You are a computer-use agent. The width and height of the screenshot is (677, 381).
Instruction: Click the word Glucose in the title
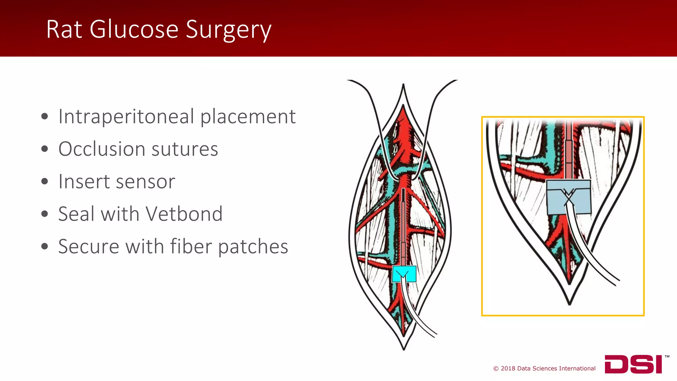(134, 30)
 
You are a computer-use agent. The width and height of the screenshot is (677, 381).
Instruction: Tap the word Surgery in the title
(228, 30)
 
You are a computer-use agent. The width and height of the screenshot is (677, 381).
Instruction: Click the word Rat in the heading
(64, 30)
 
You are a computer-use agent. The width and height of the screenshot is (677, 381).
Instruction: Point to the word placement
(248, 117)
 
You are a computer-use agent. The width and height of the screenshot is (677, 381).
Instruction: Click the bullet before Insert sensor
(45, 182)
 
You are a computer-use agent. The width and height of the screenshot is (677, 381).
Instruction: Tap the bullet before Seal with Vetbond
(45, 214)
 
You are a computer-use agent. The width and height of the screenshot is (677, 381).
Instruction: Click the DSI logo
(633, 364)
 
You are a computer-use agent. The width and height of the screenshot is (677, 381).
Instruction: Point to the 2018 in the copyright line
(508, 368)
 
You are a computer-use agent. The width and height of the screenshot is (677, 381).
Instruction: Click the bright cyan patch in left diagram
(404, 274)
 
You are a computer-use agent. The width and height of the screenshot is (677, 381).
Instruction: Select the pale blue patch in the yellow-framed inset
(569, 197)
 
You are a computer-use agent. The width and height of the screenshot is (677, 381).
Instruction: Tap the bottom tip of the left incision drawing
(404, 349)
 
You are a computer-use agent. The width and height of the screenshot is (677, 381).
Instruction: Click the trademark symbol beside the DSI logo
(667, 357)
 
